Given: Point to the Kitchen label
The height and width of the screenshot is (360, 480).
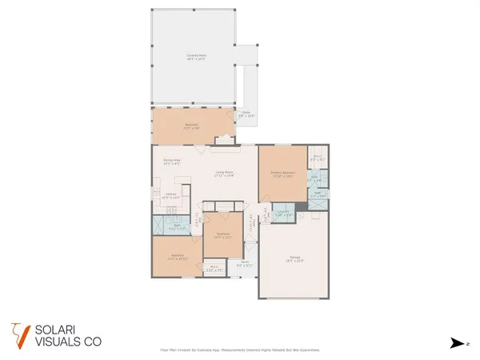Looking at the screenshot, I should pos(171,195).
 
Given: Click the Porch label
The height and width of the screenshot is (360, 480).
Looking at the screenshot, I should pos(246,263).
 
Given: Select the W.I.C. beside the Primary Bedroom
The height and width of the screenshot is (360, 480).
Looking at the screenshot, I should pos(318,158).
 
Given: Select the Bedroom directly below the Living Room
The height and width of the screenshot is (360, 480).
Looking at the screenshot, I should pos(222,235).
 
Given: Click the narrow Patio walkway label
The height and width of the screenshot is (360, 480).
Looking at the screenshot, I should pos(247,114).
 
